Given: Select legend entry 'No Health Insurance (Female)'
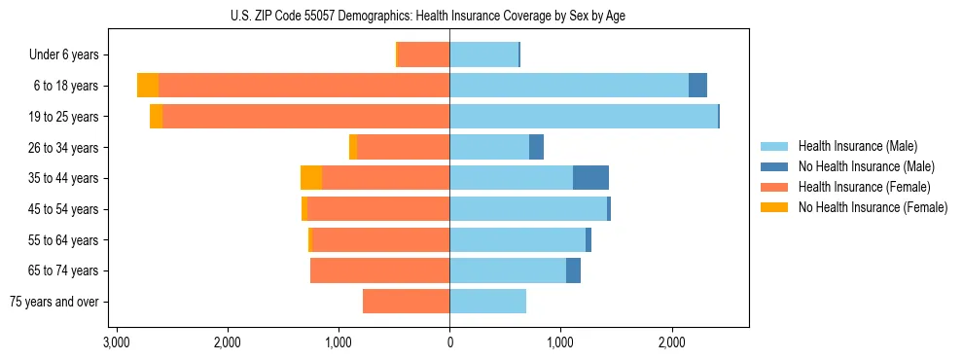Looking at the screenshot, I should (x=873, y=207).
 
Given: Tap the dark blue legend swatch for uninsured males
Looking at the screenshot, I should (x=774, y=166).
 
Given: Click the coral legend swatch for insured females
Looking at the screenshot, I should (x=774, y=187).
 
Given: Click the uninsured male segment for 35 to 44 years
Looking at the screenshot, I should (x=590, y=178).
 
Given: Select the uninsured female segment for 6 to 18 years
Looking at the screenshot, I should (x=148, y=86).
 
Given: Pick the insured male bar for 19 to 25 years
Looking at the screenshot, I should (x=584, y=117).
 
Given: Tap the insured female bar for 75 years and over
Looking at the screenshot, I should (x=406, y=302).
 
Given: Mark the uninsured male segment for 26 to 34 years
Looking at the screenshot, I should (x=536, y=147).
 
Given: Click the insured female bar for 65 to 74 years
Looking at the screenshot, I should (x=379, y=270).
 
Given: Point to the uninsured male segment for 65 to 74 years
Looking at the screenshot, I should (x=573, y=270).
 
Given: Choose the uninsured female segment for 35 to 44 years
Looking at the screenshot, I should (x=311, y=178).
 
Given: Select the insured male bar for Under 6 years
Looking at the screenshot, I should (x=483, y=54).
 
